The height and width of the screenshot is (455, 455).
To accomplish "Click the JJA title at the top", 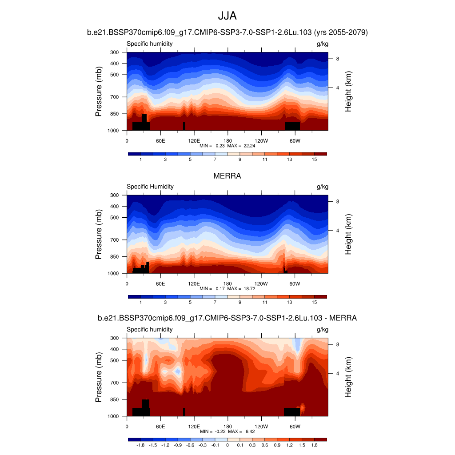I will click(x=227, y=16).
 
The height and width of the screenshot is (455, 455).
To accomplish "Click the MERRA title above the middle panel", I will click(x=227, y=176).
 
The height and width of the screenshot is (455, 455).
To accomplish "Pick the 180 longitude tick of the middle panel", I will click(x=227, y=283).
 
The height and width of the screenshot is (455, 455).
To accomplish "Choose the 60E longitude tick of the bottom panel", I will click(x=160, y=427).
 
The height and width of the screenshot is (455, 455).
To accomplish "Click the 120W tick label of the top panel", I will click(x=261, y=141).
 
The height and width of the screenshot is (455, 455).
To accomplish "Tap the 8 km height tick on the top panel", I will click(x=337, y=59).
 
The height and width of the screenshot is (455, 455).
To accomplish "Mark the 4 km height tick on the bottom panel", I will click(x=337, y=373).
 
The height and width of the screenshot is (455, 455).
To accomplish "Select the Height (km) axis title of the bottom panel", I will click(x=348, y=377).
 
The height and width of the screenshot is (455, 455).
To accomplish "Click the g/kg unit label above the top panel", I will click(x=322, y=44).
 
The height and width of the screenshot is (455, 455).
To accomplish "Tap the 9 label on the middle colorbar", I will click(x=240, y=302).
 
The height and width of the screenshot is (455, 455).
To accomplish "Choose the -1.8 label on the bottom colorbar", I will click(x=140, y=445).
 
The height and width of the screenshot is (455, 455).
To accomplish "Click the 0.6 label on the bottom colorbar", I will click(x=264, y=445).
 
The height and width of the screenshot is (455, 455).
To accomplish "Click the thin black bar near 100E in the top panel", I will click(x=184, y=126).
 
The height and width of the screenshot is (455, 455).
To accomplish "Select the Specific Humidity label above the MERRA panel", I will click(x=150, y=187).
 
